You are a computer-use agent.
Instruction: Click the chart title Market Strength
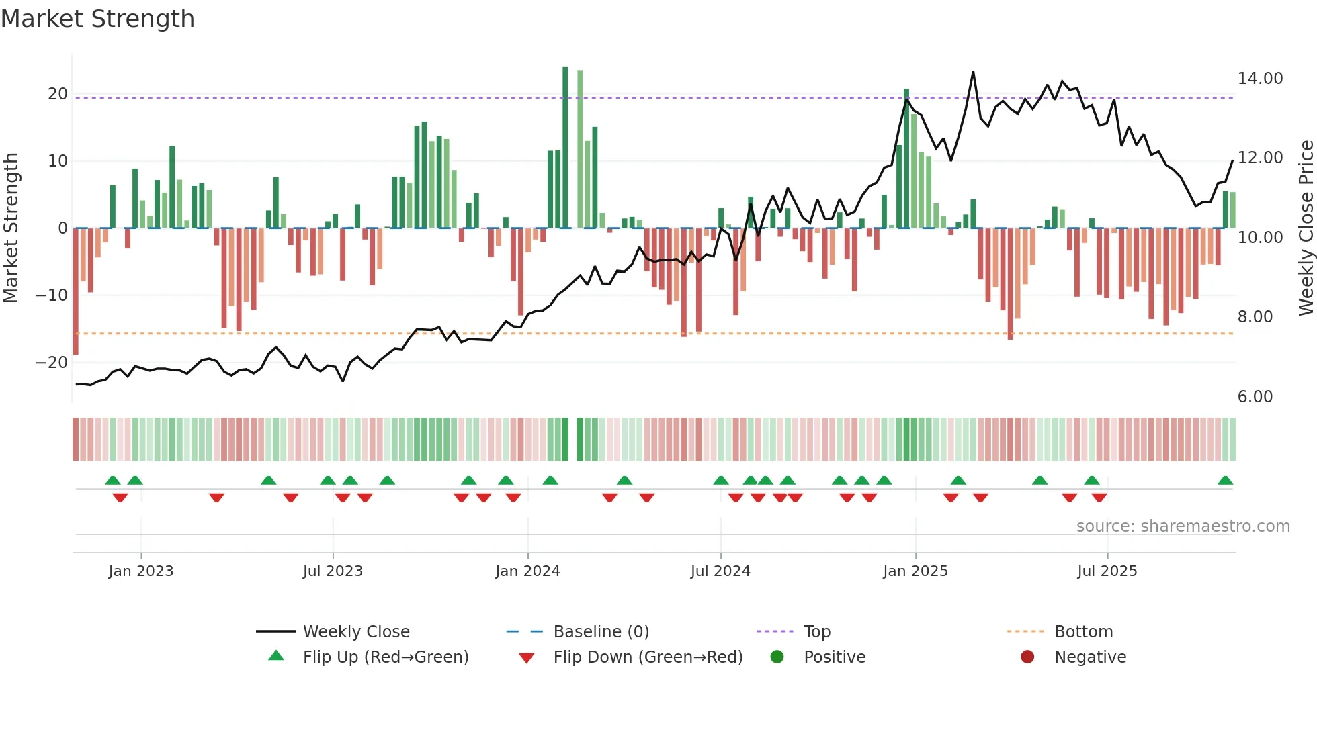(97, 19)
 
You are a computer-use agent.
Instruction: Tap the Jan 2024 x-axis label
(527, 571)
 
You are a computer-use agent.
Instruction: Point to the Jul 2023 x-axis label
(333, 571)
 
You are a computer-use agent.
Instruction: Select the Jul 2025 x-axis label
(1107, 571)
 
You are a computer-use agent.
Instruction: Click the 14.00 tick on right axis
(1260, 79)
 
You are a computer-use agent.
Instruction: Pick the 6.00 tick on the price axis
(1255, 397)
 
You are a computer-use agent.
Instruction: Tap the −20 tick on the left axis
(52, 363)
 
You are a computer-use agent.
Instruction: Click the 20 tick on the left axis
(58, 94)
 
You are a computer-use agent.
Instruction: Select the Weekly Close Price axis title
(1306, 228)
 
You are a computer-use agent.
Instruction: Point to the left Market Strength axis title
(11, 228)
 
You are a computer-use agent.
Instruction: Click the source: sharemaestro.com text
(1183, 526)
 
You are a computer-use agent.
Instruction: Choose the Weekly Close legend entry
(356, 632)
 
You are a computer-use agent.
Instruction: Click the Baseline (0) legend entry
(601, 632)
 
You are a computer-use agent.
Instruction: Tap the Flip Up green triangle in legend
(276, 656)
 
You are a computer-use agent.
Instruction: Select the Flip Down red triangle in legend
(527, 658)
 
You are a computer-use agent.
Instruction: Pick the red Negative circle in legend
(1027, 657)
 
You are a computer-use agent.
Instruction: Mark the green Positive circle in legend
(777, 657)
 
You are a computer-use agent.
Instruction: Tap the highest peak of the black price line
(973, 73)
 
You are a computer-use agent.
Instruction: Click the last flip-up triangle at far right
(1225, 481)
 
